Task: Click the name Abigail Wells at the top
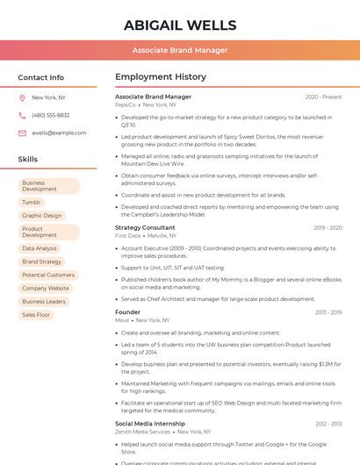179,25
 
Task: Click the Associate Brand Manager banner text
179,50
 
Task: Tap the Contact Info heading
40,77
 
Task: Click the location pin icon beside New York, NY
22,97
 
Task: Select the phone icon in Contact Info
22,115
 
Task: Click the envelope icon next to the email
22,132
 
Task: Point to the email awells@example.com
59,132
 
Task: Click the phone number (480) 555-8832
50,115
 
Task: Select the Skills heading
27,160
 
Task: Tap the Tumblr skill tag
32,202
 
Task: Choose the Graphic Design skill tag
42,215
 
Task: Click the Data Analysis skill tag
40,248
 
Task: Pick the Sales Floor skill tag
36,314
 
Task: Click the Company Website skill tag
46,288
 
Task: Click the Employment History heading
161,77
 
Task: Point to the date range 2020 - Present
323,97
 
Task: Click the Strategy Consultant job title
145,227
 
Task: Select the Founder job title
127,311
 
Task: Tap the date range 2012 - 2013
328,424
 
